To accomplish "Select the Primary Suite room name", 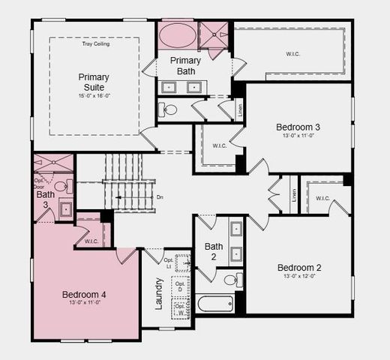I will point(94,82).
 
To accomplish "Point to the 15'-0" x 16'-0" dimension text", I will point(94,95).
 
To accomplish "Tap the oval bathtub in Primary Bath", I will point(177,35).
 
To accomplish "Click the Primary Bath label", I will point(185,65).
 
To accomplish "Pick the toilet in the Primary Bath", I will point(170,109).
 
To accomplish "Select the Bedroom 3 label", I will point(298,127).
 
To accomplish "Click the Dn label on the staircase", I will point(160,197).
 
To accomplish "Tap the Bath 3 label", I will point(46,199).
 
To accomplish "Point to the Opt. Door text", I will point(40,183).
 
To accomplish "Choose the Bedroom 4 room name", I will point(83,295).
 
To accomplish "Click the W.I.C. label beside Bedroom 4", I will point(91,241).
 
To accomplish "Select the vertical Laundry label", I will point(159,292).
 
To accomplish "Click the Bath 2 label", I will point(214,251).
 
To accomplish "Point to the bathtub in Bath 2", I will point(216,304).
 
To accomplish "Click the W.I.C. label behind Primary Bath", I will point(292,53).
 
